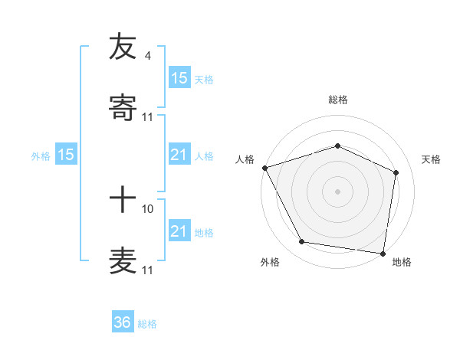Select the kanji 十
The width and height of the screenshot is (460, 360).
click(123, 201)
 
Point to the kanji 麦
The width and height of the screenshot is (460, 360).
click(123, 262)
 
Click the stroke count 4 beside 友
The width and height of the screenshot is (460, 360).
click(147, 56)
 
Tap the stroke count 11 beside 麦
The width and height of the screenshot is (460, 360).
click(148, 270)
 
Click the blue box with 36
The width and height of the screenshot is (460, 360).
click(123, 322)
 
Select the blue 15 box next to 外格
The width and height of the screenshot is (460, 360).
click(66, 155)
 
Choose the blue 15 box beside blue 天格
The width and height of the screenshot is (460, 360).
click(179, 78)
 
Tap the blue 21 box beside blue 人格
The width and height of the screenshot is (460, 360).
click(179, 155)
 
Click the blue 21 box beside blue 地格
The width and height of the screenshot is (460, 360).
click(179, 231)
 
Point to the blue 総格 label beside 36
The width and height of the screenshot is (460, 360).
click(147, 324)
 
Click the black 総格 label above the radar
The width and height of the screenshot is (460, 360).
click(337, 100)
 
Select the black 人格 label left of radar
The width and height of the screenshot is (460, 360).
click(245, 159)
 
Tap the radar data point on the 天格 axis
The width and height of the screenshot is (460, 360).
click(396, 172)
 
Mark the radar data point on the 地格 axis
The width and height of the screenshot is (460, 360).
click(383, 253)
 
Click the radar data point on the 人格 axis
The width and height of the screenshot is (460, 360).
click(264, 168)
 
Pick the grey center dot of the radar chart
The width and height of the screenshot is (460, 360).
click(337, 191)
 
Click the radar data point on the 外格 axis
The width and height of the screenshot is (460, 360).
click(301, 242)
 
